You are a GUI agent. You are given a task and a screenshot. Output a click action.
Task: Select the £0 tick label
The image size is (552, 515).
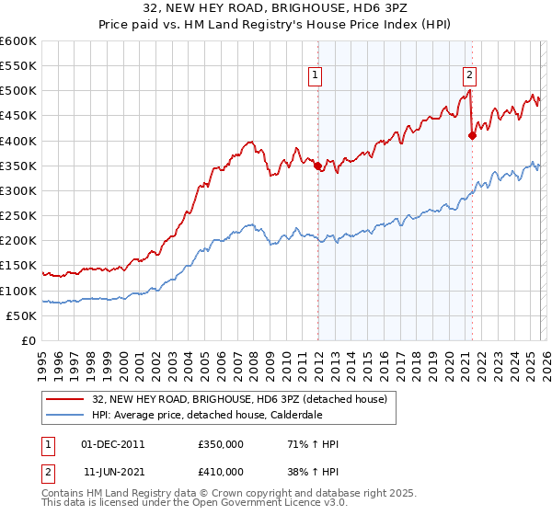coord(27,341)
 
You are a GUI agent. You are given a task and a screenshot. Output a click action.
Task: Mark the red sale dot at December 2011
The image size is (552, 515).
coord(317,166)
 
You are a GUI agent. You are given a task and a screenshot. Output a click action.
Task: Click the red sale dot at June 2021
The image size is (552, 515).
coord(472,135)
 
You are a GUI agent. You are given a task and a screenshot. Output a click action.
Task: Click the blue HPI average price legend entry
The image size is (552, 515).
coord(230,415)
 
